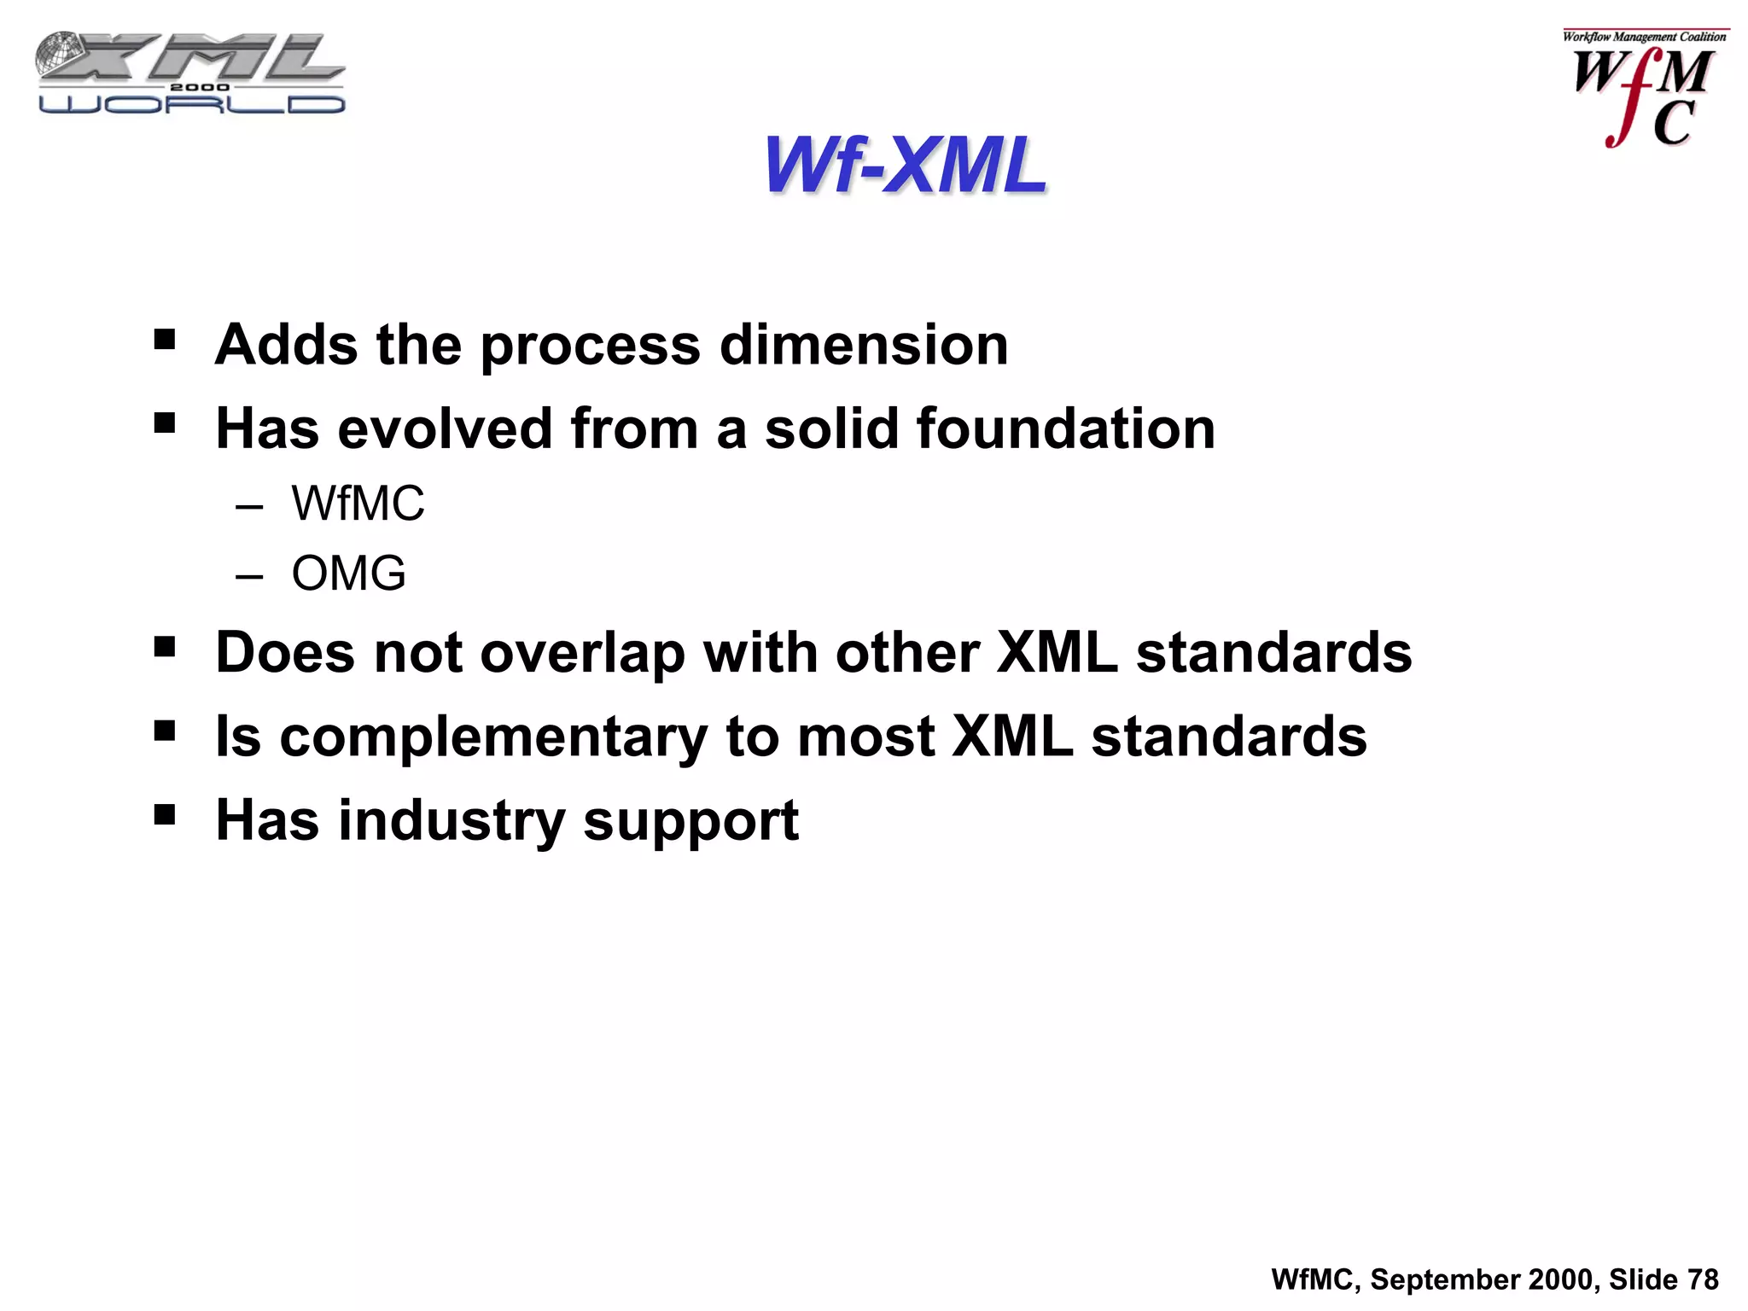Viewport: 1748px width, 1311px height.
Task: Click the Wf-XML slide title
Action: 905,166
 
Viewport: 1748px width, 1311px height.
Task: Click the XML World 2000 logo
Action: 191,73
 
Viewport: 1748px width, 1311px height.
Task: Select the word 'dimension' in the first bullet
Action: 864,345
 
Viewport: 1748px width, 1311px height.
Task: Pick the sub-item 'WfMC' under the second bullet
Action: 358,504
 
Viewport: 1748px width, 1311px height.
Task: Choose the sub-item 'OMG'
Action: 348,573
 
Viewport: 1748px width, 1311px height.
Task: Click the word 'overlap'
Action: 582,654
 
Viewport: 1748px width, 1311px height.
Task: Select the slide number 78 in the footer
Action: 1703,1279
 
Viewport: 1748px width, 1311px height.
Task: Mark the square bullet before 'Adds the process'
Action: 165,341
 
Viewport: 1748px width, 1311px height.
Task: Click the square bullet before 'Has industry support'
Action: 165,815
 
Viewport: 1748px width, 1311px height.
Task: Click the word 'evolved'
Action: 445,428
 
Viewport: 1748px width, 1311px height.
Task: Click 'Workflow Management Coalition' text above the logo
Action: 1644,37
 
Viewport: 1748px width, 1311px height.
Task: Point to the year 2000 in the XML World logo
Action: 200,87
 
